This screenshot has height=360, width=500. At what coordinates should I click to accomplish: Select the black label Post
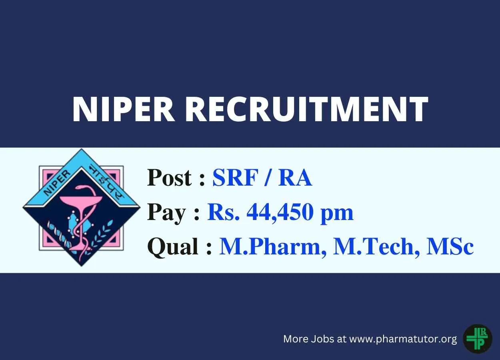(x=170, y=178)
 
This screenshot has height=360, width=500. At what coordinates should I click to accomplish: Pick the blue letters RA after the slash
(x=295, y=178)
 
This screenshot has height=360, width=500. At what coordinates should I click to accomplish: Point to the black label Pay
(x=166, y=213)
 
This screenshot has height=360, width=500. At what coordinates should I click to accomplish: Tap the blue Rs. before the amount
(x=224, y=212)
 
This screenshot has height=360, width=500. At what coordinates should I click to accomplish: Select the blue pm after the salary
(x=337, y=214)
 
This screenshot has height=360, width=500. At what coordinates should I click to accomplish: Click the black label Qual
(x=173, y=247)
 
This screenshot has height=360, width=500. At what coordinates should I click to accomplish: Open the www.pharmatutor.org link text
(x=403, y=339)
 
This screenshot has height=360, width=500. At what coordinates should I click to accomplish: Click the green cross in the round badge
(x=474, y=339)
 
